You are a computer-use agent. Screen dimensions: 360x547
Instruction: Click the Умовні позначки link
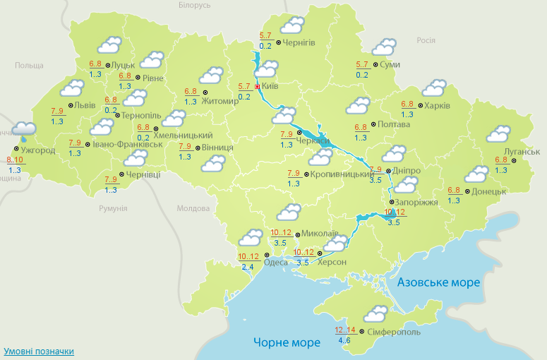pos(39,351)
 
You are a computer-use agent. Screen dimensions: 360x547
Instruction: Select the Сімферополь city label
pos(394,332)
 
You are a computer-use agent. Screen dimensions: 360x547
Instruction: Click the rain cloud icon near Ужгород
pos(24,129)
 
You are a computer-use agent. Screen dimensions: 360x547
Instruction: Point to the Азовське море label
pos(438,282)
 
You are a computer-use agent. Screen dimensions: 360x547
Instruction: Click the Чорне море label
pos(287,343)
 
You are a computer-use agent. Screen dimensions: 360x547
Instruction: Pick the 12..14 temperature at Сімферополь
pos(346,330)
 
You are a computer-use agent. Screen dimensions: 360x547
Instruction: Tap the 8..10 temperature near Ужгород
pos(15,160)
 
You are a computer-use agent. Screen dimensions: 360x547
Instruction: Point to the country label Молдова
pos(193,209)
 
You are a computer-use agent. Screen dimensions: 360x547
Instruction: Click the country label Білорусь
pos(195,5)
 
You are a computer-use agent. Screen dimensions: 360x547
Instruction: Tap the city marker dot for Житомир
pos(205,92)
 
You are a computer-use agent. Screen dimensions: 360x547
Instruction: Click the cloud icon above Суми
pos(383,47)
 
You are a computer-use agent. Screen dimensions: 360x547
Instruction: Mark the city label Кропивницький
pos(342,174)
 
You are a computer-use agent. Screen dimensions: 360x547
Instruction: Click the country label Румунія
pos(113,209)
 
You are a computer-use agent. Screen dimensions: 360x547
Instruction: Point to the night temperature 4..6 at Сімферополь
pos(345,341)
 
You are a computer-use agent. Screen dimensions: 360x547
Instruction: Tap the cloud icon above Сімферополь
pos(375,313)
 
